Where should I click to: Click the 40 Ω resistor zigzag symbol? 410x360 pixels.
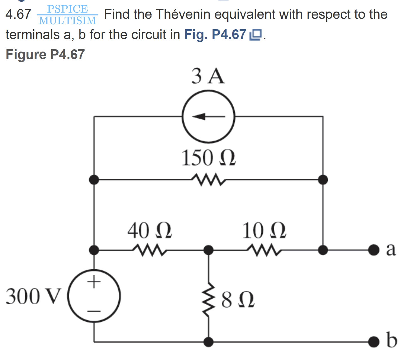pos(150,250)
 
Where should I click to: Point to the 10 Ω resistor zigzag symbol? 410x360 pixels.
pos(264,250)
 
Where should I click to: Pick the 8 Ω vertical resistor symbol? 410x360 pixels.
pos(208,299)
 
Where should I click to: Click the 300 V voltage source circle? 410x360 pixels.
pos(94,296)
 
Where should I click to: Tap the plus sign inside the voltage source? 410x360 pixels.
pos(94,281)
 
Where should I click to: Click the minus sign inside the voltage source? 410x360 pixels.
pos(94,311)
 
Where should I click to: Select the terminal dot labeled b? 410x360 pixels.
pos(373,342)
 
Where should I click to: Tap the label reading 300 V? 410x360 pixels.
pos(33,296)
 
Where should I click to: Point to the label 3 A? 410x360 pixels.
pos(208,76)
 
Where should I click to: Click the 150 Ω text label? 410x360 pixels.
pos(208,158)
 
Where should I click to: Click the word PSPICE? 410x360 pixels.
pos(68,9)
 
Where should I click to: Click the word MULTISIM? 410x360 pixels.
pos(68,21)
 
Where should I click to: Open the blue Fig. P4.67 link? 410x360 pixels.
pos(215,35)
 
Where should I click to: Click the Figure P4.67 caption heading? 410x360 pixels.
pos(45,54)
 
